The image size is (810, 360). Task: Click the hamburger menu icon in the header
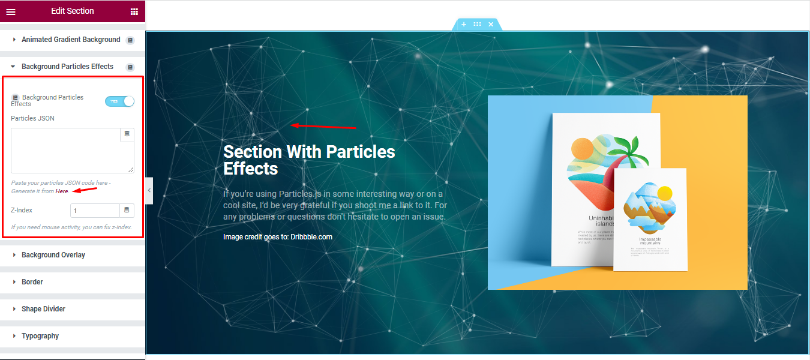point(11,11)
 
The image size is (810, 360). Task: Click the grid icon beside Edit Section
point(134,11)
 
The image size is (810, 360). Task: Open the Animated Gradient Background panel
point(71,40)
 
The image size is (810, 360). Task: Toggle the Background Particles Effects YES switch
point(119,101)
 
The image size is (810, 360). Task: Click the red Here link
point(62,191)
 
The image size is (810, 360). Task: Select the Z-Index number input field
point(95,211)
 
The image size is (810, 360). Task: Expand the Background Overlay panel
point(53,255)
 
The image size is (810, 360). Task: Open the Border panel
point(32,282)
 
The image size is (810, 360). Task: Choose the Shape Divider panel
point(43,309)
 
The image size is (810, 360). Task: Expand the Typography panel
point(40,336)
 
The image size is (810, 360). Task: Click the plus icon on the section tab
point(464,25)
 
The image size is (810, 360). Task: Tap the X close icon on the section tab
point(491,25)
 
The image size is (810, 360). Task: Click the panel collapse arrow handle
point(149,190)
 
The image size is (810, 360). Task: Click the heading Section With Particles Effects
point(309,160)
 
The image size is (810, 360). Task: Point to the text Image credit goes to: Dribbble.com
point(277,237)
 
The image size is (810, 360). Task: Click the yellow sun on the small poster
point(664,193)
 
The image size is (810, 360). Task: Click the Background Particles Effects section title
point(67,67)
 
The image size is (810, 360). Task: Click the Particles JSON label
point(32,118)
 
